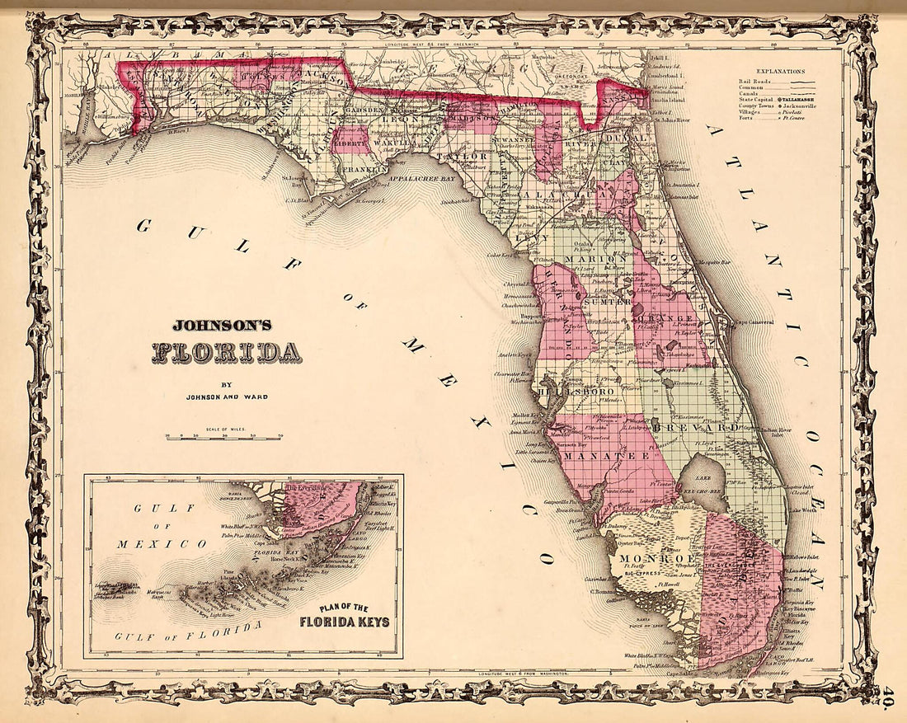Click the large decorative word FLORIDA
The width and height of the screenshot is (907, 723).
click(x=226, y=352)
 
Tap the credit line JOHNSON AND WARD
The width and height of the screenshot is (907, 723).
click(x=226, y=397)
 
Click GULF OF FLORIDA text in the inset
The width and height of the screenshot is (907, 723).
click(x=190, y=633)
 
